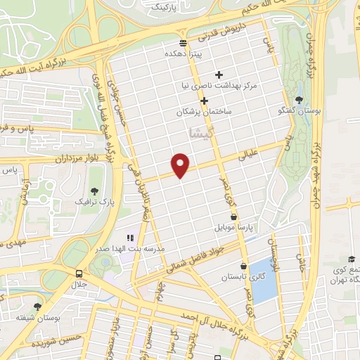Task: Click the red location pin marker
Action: point(181,165)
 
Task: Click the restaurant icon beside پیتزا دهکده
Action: point(183,43)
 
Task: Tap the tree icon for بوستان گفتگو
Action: point(300,100)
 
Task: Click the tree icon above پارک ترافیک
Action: point(94,191)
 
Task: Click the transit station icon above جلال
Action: point(78,274)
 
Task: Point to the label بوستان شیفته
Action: point(37,319)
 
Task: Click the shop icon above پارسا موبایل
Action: point(233,218)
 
